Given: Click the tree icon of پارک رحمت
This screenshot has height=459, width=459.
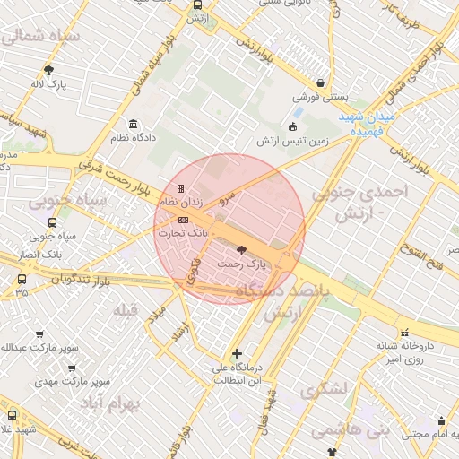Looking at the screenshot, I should coord(241,250).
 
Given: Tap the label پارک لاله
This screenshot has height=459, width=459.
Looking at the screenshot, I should coord(50,85).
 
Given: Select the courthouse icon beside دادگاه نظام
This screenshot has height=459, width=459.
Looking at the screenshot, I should coord(134,124).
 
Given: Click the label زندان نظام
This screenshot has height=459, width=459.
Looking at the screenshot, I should coord(181,204).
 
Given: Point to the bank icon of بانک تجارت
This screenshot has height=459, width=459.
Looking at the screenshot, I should coord(183,219).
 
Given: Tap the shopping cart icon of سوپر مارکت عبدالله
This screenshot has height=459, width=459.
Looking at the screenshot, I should coord(39,334).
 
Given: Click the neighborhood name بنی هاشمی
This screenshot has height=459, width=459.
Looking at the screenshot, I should coord(345,431).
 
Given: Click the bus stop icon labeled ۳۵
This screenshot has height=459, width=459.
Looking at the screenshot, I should coord(21,279).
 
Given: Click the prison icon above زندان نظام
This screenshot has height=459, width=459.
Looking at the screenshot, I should coord(182,189).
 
